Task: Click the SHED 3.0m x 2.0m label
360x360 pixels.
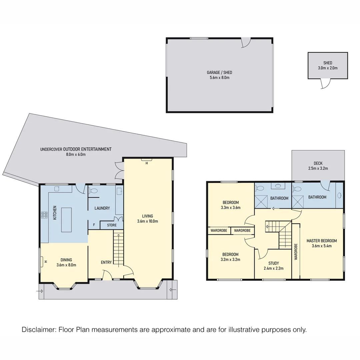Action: (328, 65)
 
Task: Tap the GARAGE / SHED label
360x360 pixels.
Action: (219, 73)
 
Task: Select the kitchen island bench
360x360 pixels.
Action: (66, 220)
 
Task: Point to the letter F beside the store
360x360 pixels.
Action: (94, 225)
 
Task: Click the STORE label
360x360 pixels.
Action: (112, 225)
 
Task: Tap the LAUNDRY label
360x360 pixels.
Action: (102, 208)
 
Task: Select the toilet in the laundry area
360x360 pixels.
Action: (94, 191)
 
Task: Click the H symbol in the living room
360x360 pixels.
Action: (147, 163)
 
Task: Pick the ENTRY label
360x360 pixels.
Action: (106, 262)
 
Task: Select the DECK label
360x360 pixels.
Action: (318, 163)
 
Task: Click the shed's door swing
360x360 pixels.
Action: (324, 84)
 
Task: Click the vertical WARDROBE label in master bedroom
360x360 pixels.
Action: (296, 252)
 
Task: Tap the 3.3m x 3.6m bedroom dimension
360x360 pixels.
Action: (231, 207)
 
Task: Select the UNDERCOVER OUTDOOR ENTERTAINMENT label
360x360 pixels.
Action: (76, 149)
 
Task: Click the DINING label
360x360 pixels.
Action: (66, 260)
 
